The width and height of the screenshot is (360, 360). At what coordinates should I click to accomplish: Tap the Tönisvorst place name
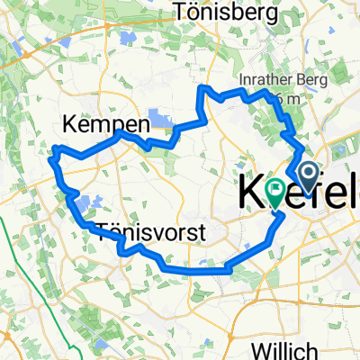[150, 233]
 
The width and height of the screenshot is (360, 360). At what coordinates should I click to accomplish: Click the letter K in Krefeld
[253, 193]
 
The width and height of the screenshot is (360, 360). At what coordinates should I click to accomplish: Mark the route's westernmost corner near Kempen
[55, 148]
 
